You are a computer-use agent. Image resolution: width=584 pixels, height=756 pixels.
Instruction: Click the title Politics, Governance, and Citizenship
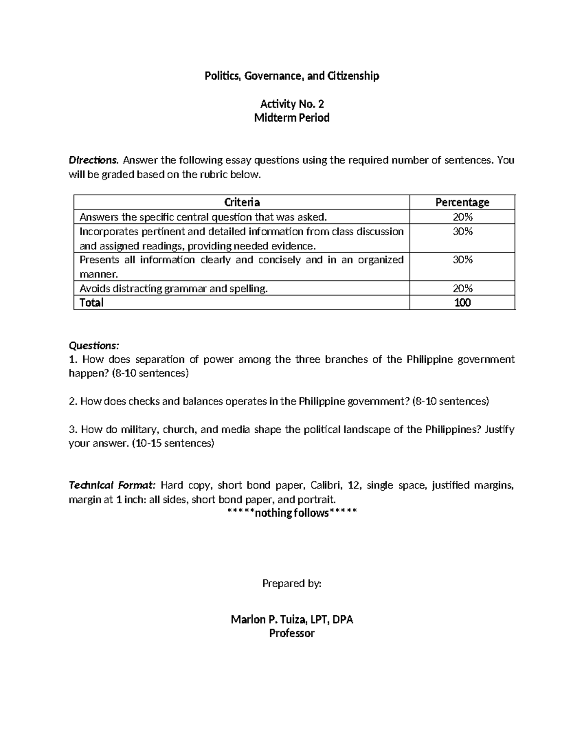click(292, 76)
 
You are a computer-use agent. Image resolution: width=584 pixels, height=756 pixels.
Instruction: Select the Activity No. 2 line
click(292, 104)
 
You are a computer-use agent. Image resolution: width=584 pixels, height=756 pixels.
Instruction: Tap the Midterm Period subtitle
click(292, 118)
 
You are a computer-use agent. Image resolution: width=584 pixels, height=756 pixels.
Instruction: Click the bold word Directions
click(93, 160)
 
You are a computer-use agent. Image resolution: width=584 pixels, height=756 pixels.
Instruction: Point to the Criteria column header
click(241, 202)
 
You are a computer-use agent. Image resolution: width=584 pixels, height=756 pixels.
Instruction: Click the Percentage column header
click(462, 202)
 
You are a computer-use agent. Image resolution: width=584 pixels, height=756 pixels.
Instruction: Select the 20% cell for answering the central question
click(462, 217)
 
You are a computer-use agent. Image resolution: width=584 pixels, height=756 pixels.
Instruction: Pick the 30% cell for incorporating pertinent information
click(462, 232)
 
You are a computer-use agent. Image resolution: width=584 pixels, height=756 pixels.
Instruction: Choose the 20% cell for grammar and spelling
click(462, 289)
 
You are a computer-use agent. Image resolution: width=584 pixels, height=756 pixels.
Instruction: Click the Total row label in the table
click(91, 303)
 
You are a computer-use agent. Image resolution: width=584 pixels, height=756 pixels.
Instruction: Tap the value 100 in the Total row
click(462, 303)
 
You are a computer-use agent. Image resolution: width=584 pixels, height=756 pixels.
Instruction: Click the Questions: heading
click(93, 346)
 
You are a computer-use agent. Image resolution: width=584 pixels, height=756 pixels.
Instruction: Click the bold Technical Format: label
click(112, 485)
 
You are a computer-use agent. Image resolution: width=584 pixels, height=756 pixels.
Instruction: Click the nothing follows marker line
click(292, 513)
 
